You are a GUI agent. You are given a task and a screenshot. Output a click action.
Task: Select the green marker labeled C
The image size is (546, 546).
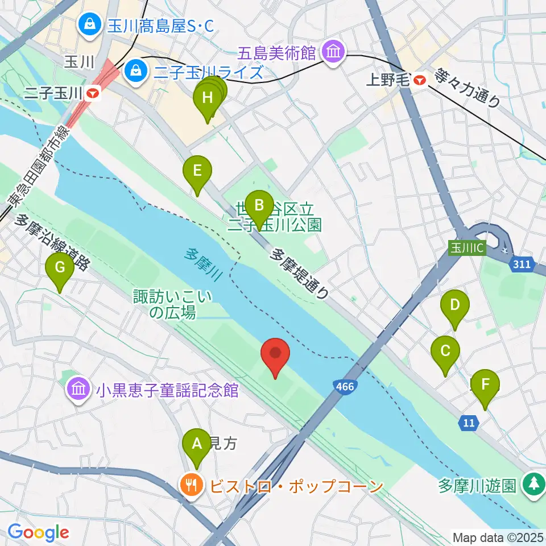[x=445, y=351]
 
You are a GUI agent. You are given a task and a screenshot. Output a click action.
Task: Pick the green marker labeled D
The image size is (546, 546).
[x=455, y=305]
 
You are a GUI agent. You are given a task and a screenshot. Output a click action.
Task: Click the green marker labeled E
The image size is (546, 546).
[x=197, y=171]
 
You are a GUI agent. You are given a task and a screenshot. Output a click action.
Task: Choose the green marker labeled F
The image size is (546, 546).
[x=485, y=384]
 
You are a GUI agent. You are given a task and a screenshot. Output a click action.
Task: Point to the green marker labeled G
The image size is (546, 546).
[x=60, y=267]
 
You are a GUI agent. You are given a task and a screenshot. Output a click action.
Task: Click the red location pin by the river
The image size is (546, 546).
[x=275, y=354]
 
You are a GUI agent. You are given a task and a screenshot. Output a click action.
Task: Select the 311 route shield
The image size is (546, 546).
[x=521, y=264]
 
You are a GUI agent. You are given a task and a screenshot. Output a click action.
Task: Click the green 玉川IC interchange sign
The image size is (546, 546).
[x=467, y=249]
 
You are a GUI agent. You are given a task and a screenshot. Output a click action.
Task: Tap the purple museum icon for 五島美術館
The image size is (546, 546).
[x=333, y=53]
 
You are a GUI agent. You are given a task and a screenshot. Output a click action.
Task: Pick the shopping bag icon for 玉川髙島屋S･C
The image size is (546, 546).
[x=90, y=24]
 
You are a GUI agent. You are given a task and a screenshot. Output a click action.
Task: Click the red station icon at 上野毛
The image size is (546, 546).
[x=420, y=80]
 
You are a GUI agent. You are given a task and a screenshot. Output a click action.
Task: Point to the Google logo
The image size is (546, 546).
[x=38, y=532]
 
